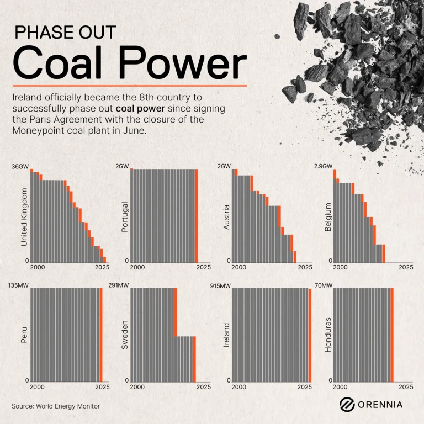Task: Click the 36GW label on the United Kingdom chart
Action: coord(20,166)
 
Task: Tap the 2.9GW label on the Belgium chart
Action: coord(323,166)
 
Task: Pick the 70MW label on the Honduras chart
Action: coord(324,285)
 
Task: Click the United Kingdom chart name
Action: coord(24,217)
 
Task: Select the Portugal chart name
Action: coord(125,217)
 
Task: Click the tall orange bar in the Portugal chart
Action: coord(197,216)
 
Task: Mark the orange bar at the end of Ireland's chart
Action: coord(310,335)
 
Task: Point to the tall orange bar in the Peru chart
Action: coord(100,335)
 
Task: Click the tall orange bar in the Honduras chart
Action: coord(392,335)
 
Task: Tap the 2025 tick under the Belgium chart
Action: coord(406,267)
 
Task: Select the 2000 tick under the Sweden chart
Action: coord(138,387)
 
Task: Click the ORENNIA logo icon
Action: coord(346,405)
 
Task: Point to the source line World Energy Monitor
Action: coord(56,406)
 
